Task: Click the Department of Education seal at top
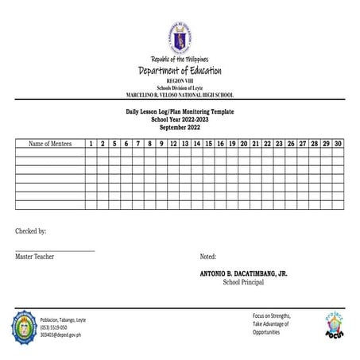[180, 37]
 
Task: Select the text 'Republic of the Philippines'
[180, 60]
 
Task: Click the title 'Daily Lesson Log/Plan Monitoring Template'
[180, 112]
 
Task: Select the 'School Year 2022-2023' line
[180, 119]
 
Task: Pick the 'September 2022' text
[180, 127]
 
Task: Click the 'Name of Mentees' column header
[50, 144]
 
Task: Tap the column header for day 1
[91, 144]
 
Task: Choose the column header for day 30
[338, 144]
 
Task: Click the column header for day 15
[208, 144]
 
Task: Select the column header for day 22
[267, 144]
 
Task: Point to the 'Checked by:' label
[30, 231]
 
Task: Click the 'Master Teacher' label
[37, 257]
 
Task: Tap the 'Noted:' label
[208, 257]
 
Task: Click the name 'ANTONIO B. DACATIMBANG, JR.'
[244, 273]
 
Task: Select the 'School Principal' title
[243, 281]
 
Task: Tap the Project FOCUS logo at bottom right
[334, 327]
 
